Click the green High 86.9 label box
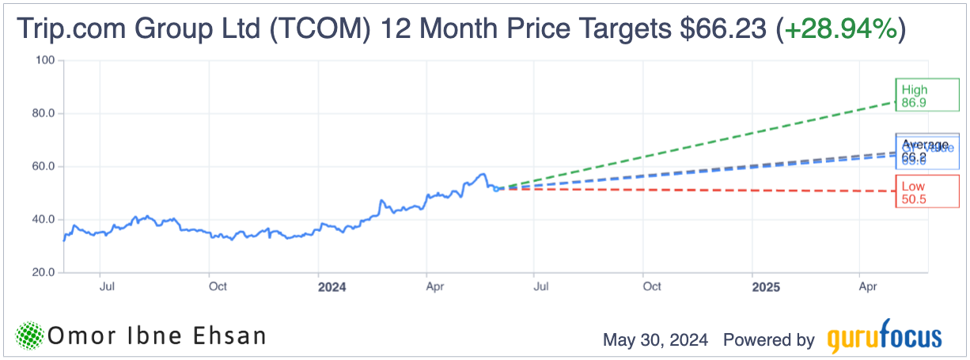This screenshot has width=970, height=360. (x=916, y=97)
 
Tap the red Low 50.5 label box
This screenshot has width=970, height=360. (x=916, y=192)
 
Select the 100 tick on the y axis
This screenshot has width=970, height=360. (x=44, y=60)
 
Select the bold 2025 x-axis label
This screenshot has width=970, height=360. (x=766, y=287)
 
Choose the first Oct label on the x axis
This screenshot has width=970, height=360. (x=218, y=286)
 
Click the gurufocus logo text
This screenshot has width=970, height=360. (x=885, y=339)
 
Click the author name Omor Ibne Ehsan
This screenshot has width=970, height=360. (x=156, y=336)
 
